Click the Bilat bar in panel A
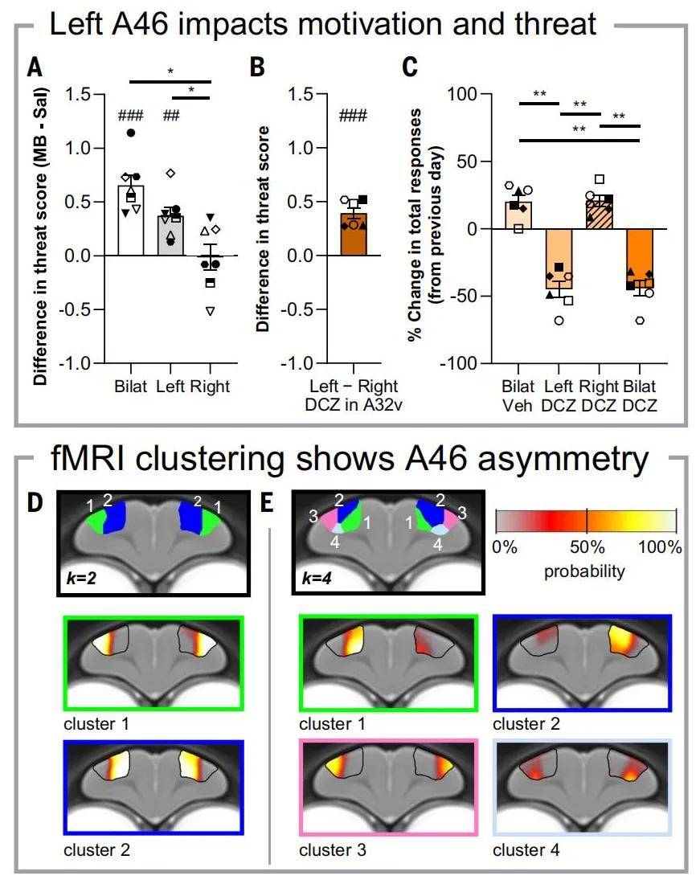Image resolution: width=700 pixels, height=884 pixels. (131, 220)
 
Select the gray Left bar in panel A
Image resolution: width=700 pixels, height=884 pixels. (170, 235)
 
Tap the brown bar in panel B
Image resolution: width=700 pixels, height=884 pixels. (354, 235)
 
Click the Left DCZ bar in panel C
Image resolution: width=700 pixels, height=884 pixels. (559, 259)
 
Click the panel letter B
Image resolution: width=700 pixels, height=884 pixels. (257, 67)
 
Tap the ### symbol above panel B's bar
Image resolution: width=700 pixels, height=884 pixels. (353, 116)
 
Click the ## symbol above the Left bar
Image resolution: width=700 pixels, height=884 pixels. (171, 116)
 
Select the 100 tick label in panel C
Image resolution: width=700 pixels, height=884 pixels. (461, 93)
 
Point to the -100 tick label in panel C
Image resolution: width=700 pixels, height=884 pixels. (458, 363)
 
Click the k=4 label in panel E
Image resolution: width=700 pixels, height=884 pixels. (317, 579)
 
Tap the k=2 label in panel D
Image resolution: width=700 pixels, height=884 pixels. (81, 579)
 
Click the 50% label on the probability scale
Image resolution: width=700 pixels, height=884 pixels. (587, 546)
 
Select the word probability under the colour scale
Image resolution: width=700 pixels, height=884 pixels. (584, 571)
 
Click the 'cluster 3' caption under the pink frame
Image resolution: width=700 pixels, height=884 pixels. (333, 849)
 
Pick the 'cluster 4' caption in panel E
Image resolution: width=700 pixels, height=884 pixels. (526, 849)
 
